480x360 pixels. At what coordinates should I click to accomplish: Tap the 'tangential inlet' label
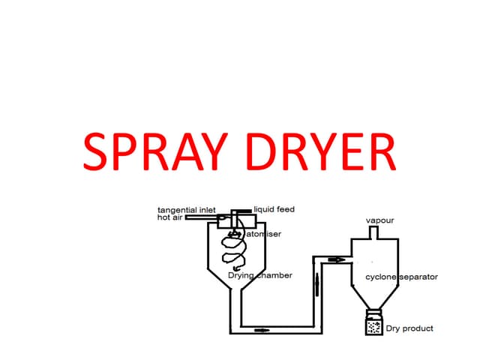tap(186, 209)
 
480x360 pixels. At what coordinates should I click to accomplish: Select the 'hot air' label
tap(169, 217)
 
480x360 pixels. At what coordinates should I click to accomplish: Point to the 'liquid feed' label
tap(274, 208)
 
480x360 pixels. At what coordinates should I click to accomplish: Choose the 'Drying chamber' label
tap(259, 275)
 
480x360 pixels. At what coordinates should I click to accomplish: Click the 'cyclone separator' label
tap(401, 277)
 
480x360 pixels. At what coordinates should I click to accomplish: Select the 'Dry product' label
tap(409, 328)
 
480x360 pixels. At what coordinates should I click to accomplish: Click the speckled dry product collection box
tap(373, 327)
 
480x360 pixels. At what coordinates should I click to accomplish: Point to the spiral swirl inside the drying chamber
tap(235, 251)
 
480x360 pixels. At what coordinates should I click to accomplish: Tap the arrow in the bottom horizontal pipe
tap(262, 329)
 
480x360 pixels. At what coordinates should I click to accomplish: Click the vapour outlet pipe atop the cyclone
tap(373, 232)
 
